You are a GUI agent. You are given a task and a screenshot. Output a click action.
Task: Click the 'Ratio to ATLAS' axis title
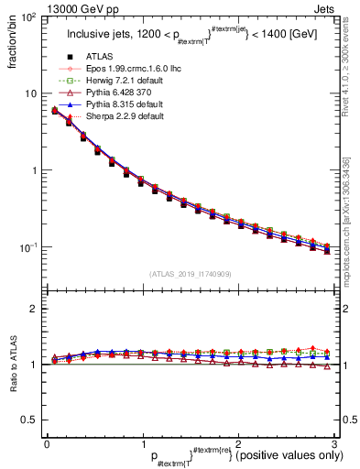[x=11, y=366]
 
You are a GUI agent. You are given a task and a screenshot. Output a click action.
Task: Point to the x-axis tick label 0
[x=47, y=443]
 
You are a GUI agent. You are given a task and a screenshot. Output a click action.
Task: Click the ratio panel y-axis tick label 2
[x=34, y=310]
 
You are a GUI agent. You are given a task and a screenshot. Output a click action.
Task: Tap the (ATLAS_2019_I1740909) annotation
[x=190, y=274]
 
